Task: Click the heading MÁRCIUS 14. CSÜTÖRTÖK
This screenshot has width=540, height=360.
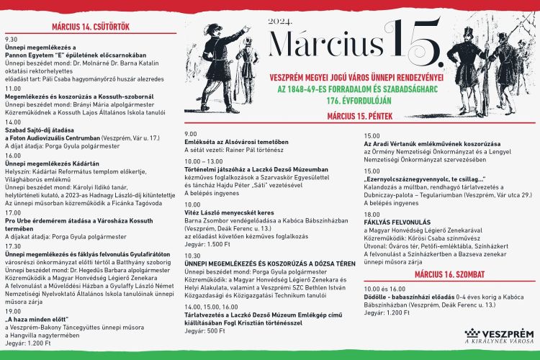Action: pos(90,27)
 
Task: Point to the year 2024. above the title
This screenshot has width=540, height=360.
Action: pos(280,22)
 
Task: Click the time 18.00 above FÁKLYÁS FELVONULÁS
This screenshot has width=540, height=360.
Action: pos(372,214)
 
